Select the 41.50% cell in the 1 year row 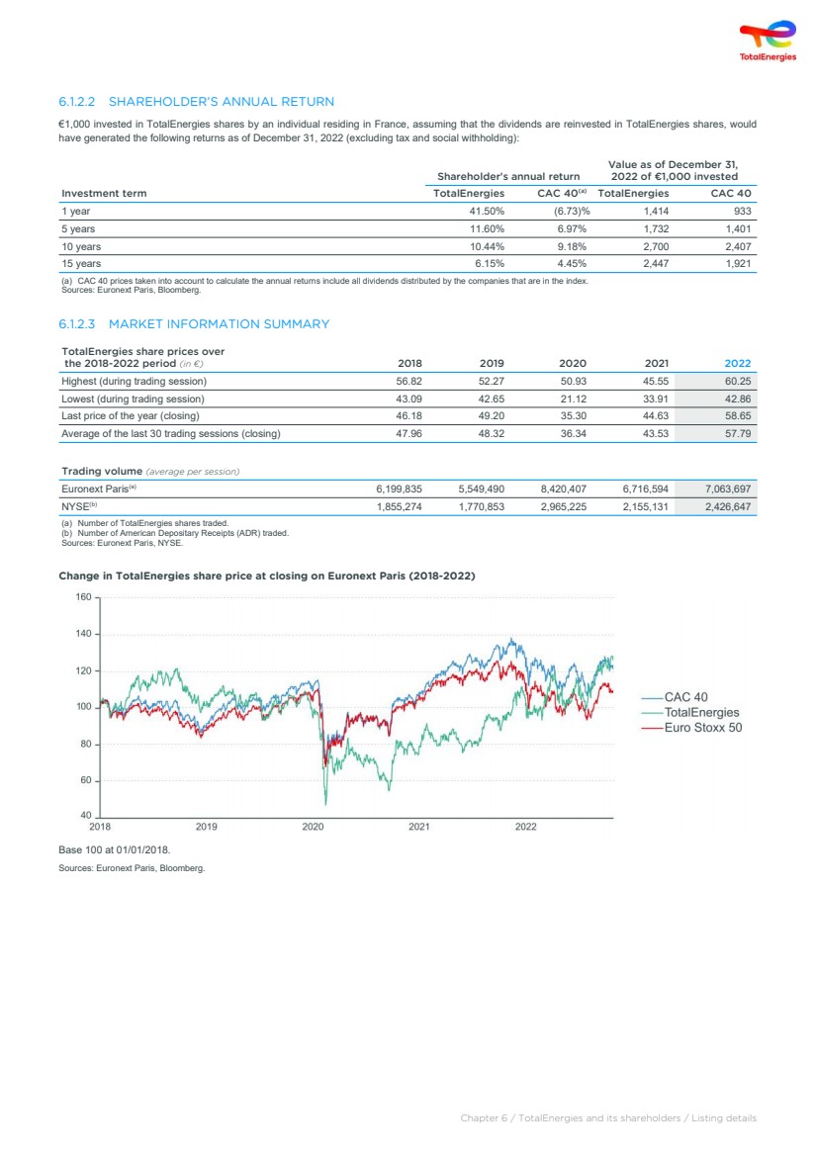(487, 211)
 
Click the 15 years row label (81, 263)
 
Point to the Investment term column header (104, 194)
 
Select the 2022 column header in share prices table (738, 363)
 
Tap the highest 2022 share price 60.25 (738, 381)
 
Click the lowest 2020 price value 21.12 (573, 399)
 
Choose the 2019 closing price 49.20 (492, 416)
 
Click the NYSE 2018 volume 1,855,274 (400, 506)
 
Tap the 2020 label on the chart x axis (313, 827)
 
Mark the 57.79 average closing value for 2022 (738, 433)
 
